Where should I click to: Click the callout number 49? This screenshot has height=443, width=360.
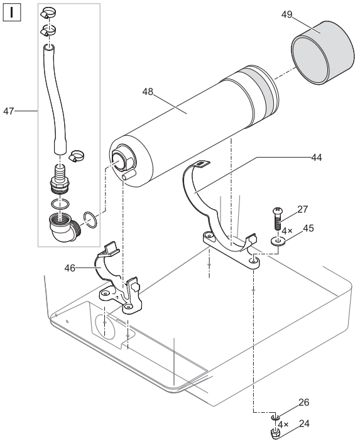click(286, 14)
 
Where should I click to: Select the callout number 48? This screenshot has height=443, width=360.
click(148, 92)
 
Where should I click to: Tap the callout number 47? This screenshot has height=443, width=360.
click(8, 111)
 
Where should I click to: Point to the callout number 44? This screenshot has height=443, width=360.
click(316, 157)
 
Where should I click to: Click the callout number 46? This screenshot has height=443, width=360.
click(70, 268)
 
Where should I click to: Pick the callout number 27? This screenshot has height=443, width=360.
click(302, 209)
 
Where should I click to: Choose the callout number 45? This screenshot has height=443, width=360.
click(308, 228)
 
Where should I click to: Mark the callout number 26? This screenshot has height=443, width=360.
click(303, 402)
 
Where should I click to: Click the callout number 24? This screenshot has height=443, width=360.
click(304, 424)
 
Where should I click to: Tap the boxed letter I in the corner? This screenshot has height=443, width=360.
click(11, 12)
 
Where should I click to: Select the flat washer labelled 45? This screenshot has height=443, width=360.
click(278, 241)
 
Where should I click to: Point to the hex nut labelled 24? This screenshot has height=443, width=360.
click(275, 433)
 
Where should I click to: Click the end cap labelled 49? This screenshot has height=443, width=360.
click(322, 53)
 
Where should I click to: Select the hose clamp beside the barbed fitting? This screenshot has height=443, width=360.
click(77, 156)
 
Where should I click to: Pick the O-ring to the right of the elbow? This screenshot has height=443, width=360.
click(90, 219)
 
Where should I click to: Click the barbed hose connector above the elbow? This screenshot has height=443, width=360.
click(60, 179)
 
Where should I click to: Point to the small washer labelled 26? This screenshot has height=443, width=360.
click(275, 418)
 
